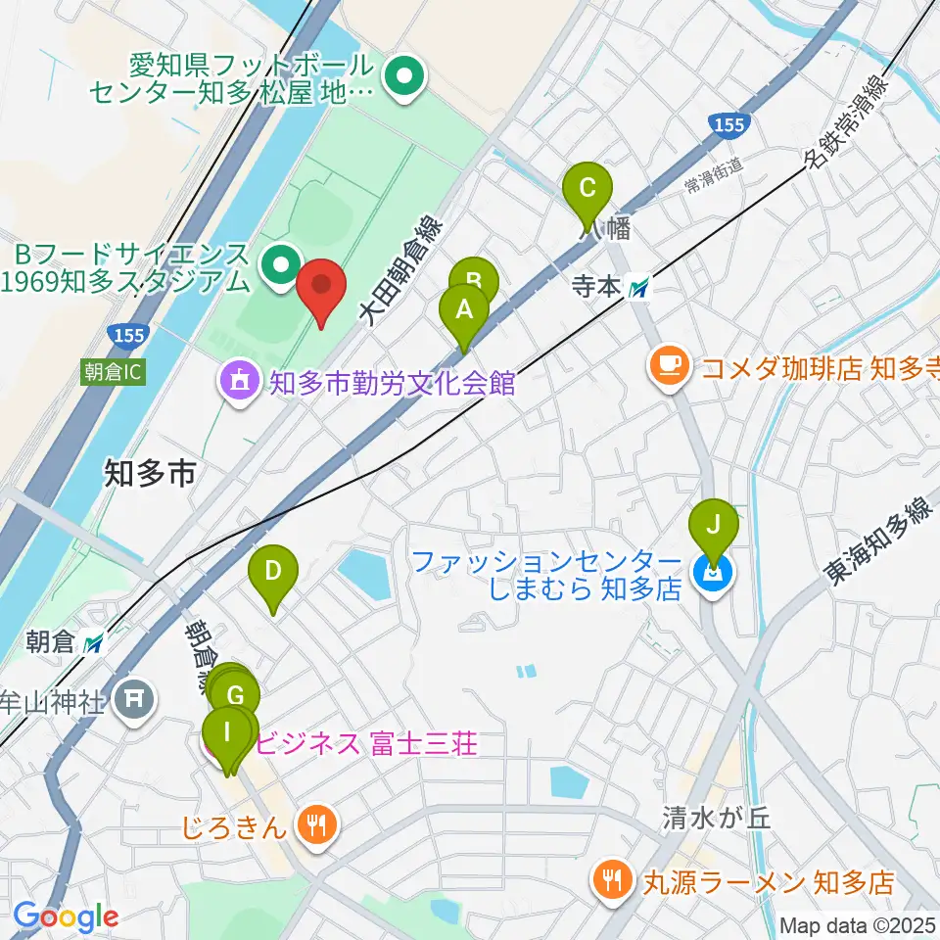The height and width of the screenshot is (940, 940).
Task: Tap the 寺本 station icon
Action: point(639,287)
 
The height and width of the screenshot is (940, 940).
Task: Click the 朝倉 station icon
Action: point(94,643)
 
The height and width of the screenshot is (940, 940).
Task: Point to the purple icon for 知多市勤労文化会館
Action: point(239,380)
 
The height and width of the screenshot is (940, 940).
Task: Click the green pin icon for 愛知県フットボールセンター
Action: point(402,78)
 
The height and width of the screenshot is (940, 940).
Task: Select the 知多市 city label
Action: point(149,475)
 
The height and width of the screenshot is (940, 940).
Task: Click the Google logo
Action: point(66,916)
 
